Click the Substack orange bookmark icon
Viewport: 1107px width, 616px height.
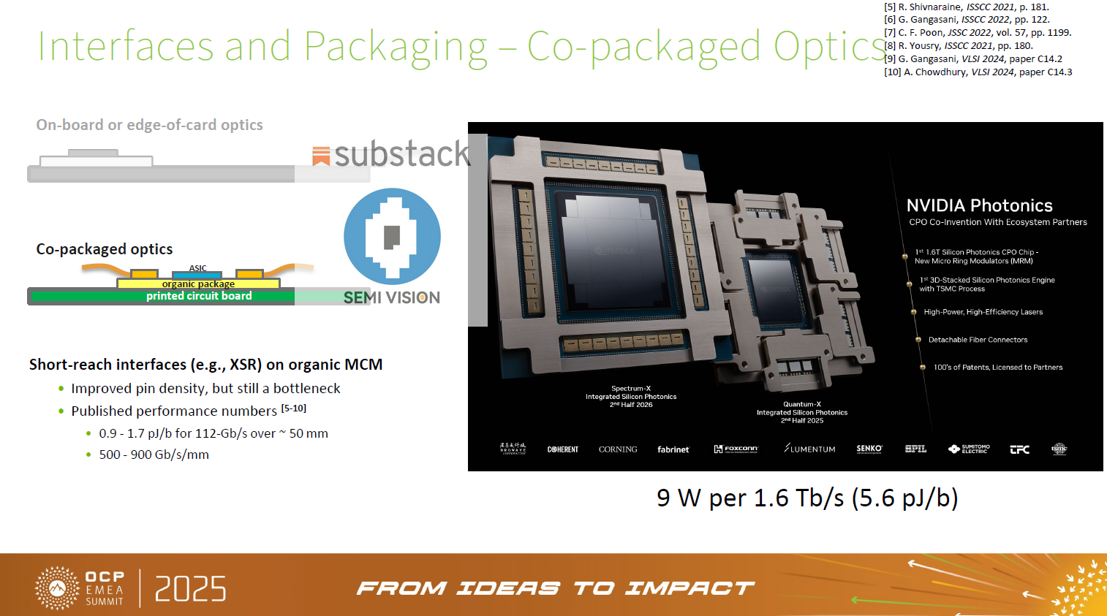pyautogui.click(x=320, y=156)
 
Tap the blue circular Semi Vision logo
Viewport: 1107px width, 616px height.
pyautogui.click(x=392, y=236)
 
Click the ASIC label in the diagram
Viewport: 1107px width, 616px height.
pyautogui.click(x=198, y=268)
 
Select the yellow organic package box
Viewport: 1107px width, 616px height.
pyautogui.click(x=198, y=284)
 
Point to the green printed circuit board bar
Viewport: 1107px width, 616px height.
pyautogui.click(x=161, y=296)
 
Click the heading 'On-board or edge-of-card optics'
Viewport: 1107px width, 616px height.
pyautogui.click(x=149, y=125)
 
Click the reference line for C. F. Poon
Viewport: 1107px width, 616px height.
pyautogui.click(x=977, y=33)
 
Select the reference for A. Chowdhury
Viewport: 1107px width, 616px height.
pyautogui.click(x=978, y=72)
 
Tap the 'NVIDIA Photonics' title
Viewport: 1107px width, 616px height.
pyautogui.click(x=979, y=205)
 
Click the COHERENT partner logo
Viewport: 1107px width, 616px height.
pyautogui.click(x=562, y=449)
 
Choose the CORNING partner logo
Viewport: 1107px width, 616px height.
pyautogui.click(x=618, y=449)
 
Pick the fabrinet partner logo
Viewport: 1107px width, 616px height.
pyautogui.click(x=673, y=449)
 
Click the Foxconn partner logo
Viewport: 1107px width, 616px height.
pyautogui.click(x=736, y=449)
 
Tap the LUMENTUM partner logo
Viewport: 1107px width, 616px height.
pyautogui.click(x=809, y=449)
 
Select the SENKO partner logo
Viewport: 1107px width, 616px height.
pyautogui.click(x=869, y=449)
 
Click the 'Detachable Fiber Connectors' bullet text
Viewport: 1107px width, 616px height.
pyautogui.click(x=978, y=340)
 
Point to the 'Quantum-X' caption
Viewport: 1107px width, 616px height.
pyautogui.click(x=802, y=404)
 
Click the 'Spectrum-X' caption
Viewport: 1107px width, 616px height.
pyautogui.click(x=631, y=389)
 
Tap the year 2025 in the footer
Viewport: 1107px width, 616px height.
pyautogui.click(x=190, y=589)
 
